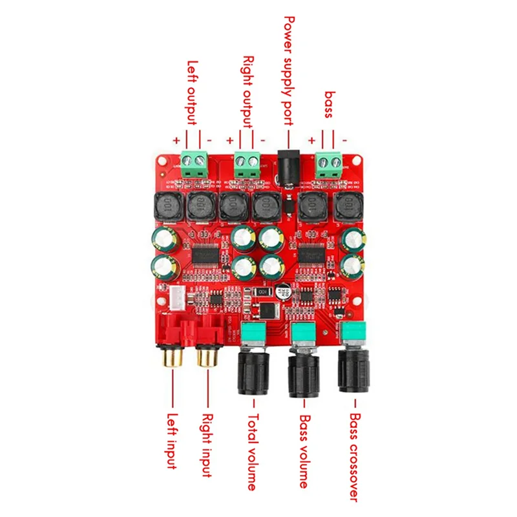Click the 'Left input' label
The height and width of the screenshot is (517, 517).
(173, 441)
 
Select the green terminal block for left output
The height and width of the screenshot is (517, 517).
(195, 163)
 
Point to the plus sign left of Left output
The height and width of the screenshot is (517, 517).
(176, 140)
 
